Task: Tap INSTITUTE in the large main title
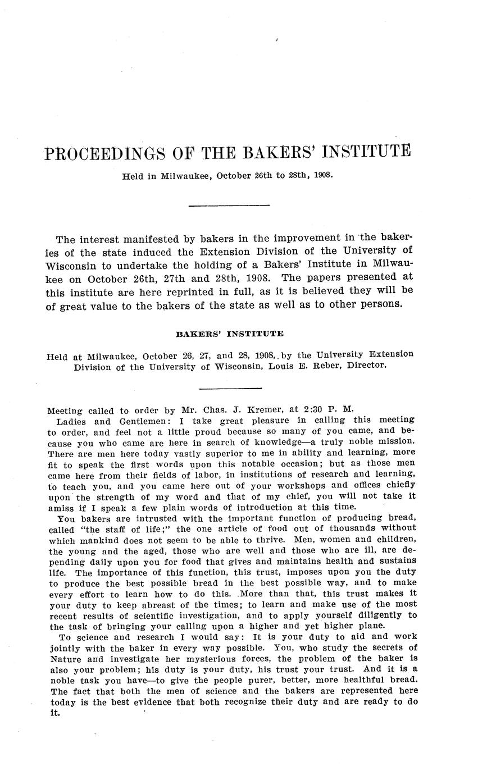pyautogui.click(x=367, y=152)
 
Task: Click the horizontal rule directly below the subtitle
pyautogui.click(x=229, y=206)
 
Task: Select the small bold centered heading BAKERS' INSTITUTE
pyautogui.click(x=230, y=334)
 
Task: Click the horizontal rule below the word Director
pyautogui.click(x=230, y=388)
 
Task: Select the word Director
pyautogui.click(x=366, y=366)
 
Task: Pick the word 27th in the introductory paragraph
pyautogui.click(x=175, y=278)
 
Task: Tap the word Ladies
pyautogui.click(x=71, y=420)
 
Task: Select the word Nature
pyautogui.click(x=66, y=659)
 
